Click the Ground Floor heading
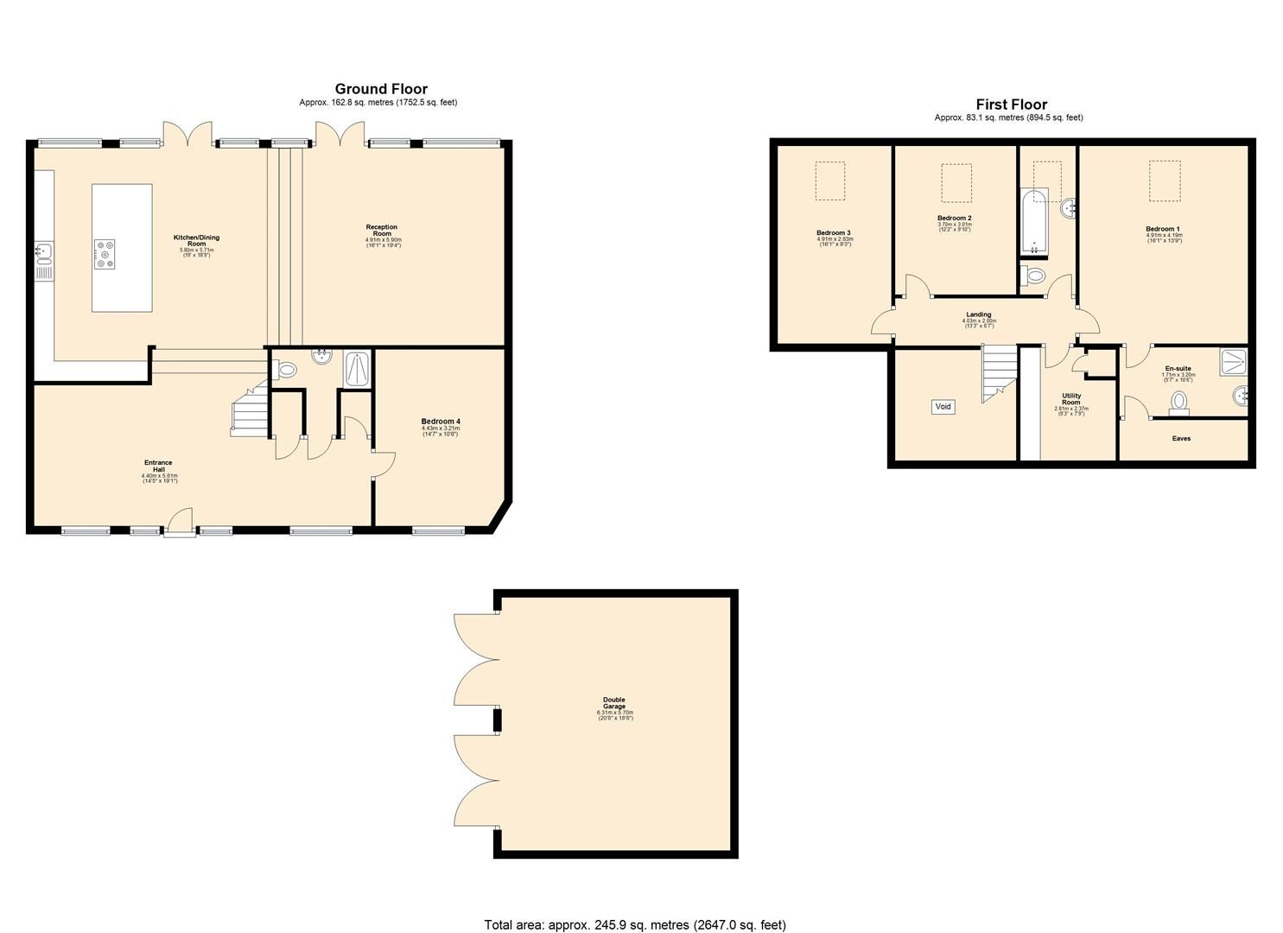coord(381,89)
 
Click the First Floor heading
coord(1011,105)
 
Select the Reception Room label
coord(382,231)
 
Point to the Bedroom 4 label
coord(441,422)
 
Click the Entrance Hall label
coord(159,466)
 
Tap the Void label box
coord(943,407)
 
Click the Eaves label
coord(1181,439)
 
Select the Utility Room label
coord(1071,399)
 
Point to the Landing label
coord(979,315)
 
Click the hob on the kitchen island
coord(105,254)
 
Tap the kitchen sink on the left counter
coord(44,251)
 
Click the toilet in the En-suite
coord(1179,402)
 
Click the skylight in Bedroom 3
coord(830,181)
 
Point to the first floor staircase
coord(997,373)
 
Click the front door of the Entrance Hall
coord(180,523)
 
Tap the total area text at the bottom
coord(635,925)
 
